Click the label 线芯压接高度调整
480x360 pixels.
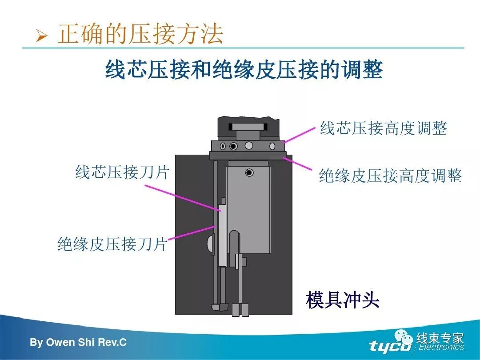pos(383,129)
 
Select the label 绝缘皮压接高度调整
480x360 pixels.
pos(390,176)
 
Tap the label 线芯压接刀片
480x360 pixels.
pos(122,172)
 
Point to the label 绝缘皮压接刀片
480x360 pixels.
pos(112,244)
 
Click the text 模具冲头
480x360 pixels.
pos(342,300)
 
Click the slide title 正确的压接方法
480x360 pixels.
pos(140,35)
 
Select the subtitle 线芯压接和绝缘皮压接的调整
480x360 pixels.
pos(244,70)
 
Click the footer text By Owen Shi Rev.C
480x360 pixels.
pos(78,343)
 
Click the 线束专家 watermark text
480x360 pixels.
pos(440,338)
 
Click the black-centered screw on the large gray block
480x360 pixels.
pos(249,172)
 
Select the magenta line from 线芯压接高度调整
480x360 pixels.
pos(300,135)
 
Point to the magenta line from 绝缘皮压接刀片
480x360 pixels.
pos(192,233)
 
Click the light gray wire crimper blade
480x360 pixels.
pos(222,236)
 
